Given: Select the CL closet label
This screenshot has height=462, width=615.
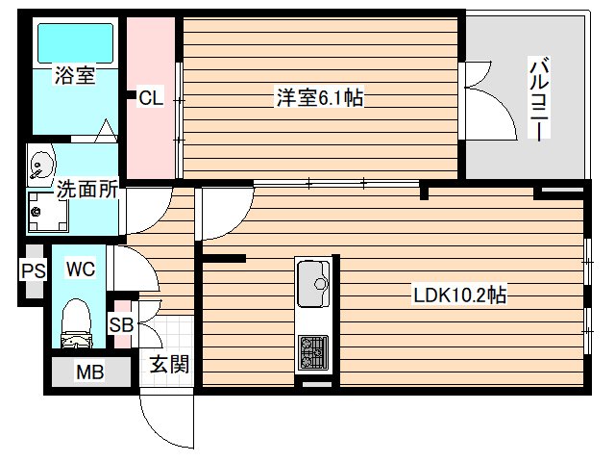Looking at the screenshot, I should pos(151,97).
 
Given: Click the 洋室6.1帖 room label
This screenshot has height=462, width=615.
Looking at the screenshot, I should pos(320,97).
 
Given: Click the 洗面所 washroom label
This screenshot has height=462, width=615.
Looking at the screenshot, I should pos(86,190).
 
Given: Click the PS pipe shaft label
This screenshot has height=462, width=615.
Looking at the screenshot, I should pos(32,270).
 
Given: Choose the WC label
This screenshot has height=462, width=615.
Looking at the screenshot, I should pos(80,269).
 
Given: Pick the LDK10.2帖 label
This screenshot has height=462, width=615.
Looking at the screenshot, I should pos(460,295).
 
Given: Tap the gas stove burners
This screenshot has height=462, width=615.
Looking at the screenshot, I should pos(313,350).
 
